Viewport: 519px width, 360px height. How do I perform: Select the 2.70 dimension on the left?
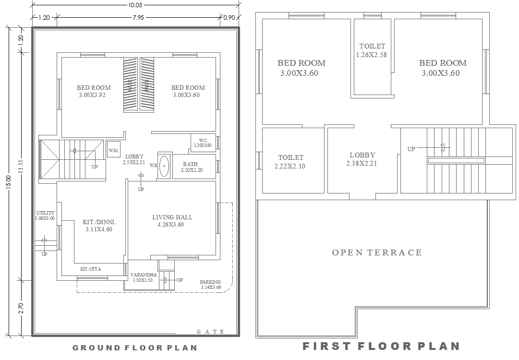(21, 307)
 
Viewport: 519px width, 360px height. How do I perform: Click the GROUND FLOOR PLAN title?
(135, 348)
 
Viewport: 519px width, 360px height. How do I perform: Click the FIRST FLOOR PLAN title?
(381, 346)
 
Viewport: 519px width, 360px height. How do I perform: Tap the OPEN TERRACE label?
(377, 252)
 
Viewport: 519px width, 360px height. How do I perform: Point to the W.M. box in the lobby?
(114, 150)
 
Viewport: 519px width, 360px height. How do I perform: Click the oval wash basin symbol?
(164, 166)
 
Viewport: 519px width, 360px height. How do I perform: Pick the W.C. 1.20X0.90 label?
(203, 143)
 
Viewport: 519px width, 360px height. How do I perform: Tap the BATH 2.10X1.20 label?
(191, 167)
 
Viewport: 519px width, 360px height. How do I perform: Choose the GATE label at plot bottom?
(211, 332)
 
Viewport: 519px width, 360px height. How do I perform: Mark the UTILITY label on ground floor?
(45, 216)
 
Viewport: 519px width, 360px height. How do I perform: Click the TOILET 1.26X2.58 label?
(372, 50)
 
